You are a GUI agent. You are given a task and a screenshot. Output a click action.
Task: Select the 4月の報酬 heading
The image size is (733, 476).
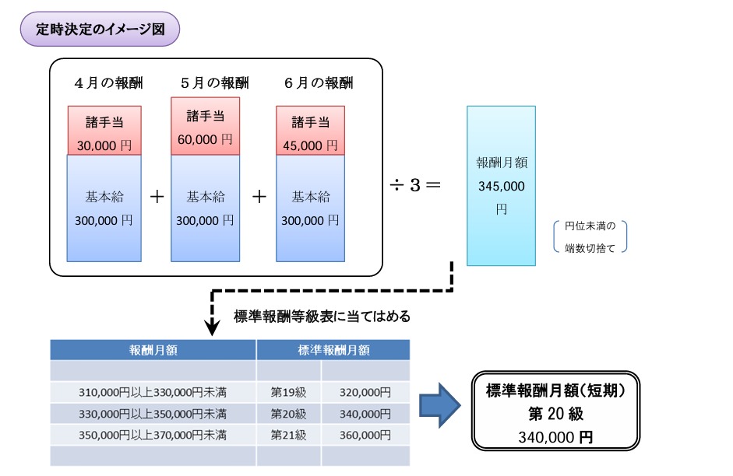[104, 82]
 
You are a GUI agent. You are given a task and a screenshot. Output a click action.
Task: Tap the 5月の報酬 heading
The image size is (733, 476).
[206, 82]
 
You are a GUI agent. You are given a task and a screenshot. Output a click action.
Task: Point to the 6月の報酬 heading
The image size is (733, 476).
[311, 82]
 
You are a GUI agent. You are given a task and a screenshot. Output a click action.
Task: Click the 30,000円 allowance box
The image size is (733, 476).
[104, 131]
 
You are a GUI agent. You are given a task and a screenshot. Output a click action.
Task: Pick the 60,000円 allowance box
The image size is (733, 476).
[206, 126]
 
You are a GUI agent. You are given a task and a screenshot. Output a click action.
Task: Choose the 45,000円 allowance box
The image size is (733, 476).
[311, 131]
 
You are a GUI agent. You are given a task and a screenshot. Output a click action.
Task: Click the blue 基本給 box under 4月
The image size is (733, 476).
[104, 208]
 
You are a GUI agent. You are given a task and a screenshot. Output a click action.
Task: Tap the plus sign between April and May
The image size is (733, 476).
[157, 197]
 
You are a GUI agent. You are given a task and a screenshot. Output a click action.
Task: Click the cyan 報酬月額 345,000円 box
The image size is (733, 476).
[501, 186]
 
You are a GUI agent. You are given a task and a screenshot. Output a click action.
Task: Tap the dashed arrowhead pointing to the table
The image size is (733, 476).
[211, 327]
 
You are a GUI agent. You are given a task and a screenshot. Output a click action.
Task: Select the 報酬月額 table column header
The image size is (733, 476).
[153, 350]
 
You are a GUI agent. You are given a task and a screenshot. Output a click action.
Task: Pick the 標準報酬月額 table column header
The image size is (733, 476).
[333, 350]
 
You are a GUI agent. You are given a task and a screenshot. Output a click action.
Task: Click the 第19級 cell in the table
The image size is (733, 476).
[288, 392]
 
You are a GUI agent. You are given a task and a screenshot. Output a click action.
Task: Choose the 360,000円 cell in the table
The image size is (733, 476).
[365, 434]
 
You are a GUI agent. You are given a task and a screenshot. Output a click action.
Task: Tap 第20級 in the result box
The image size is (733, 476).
[555, 413]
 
